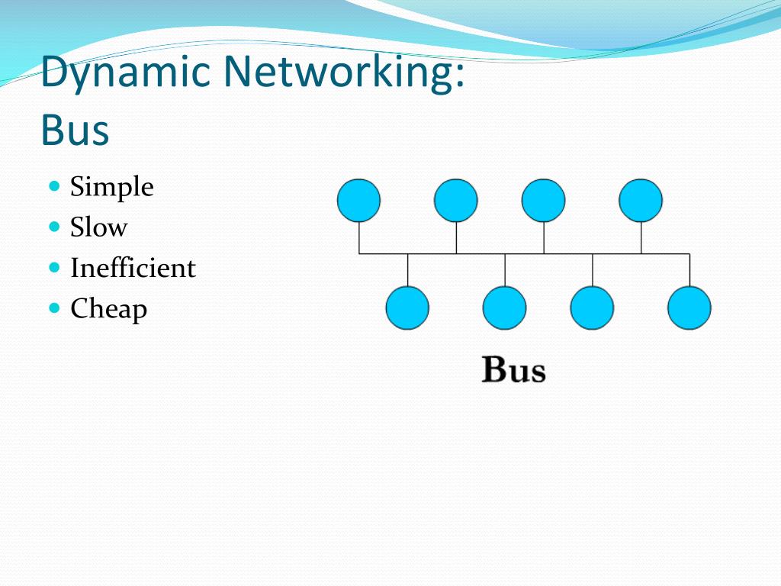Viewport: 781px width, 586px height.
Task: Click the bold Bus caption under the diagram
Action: click(x=514, y=371)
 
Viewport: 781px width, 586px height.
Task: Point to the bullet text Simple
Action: click(x=111, y=187)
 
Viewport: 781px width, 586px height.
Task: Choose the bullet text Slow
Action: click(x=98, y=227)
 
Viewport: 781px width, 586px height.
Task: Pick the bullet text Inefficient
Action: click(x=133, y=268)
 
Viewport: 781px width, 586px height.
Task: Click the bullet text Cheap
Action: click(x=108, y=309)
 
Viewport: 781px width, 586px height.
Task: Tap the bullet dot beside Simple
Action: click(x=54, y=185)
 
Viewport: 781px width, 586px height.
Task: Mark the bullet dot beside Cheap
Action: click(x=54, y=307)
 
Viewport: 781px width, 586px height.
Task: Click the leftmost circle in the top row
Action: click(x=358, y=201)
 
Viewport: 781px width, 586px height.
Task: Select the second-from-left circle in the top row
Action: click(x=456, y=201)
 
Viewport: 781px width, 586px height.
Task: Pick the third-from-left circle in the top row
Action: click(x=544, y=201)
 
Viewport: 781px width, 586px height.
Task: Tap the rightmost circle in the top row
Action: click(x=641, y=201)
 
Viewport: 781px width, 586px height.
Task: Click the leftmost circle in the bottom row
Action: click(x=407, y=307)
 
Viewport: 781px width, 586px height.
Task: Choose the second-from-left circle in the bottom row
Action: click(x=505, y=307)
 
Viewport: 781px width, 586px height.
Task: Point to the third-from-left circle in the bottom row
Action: click(x=593, y=307)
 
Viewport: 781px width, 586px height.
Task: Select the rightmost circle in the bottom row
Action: click(x=689, y=307)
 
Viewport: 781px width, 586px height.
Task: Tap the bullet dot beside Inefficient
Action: click(x=54, y=267)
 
